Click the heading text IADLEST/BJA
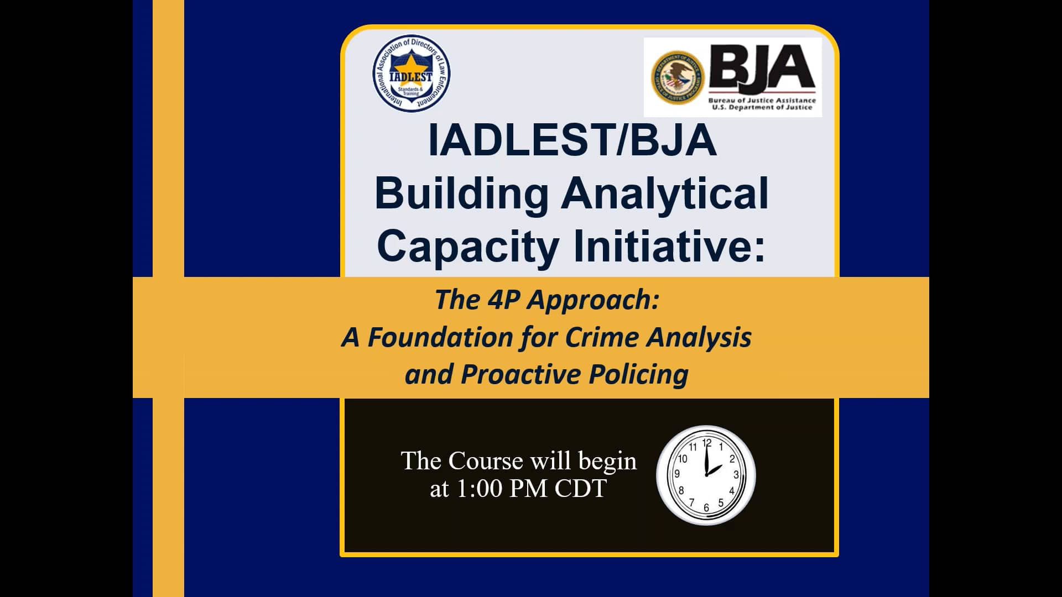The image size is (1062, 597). pos(572,140)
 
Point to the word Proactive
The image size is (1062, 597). pos(520,374)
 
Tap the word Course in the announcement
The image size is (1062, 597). pos(486,461)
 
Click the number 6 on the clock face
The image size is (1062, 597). pos(706,508)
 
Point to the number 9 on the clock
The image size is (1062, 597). pos(676,474)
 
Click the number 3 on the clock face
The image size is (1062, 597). pos(736,475)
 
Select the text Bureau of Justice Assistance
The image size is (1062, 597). pos(762,100)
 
